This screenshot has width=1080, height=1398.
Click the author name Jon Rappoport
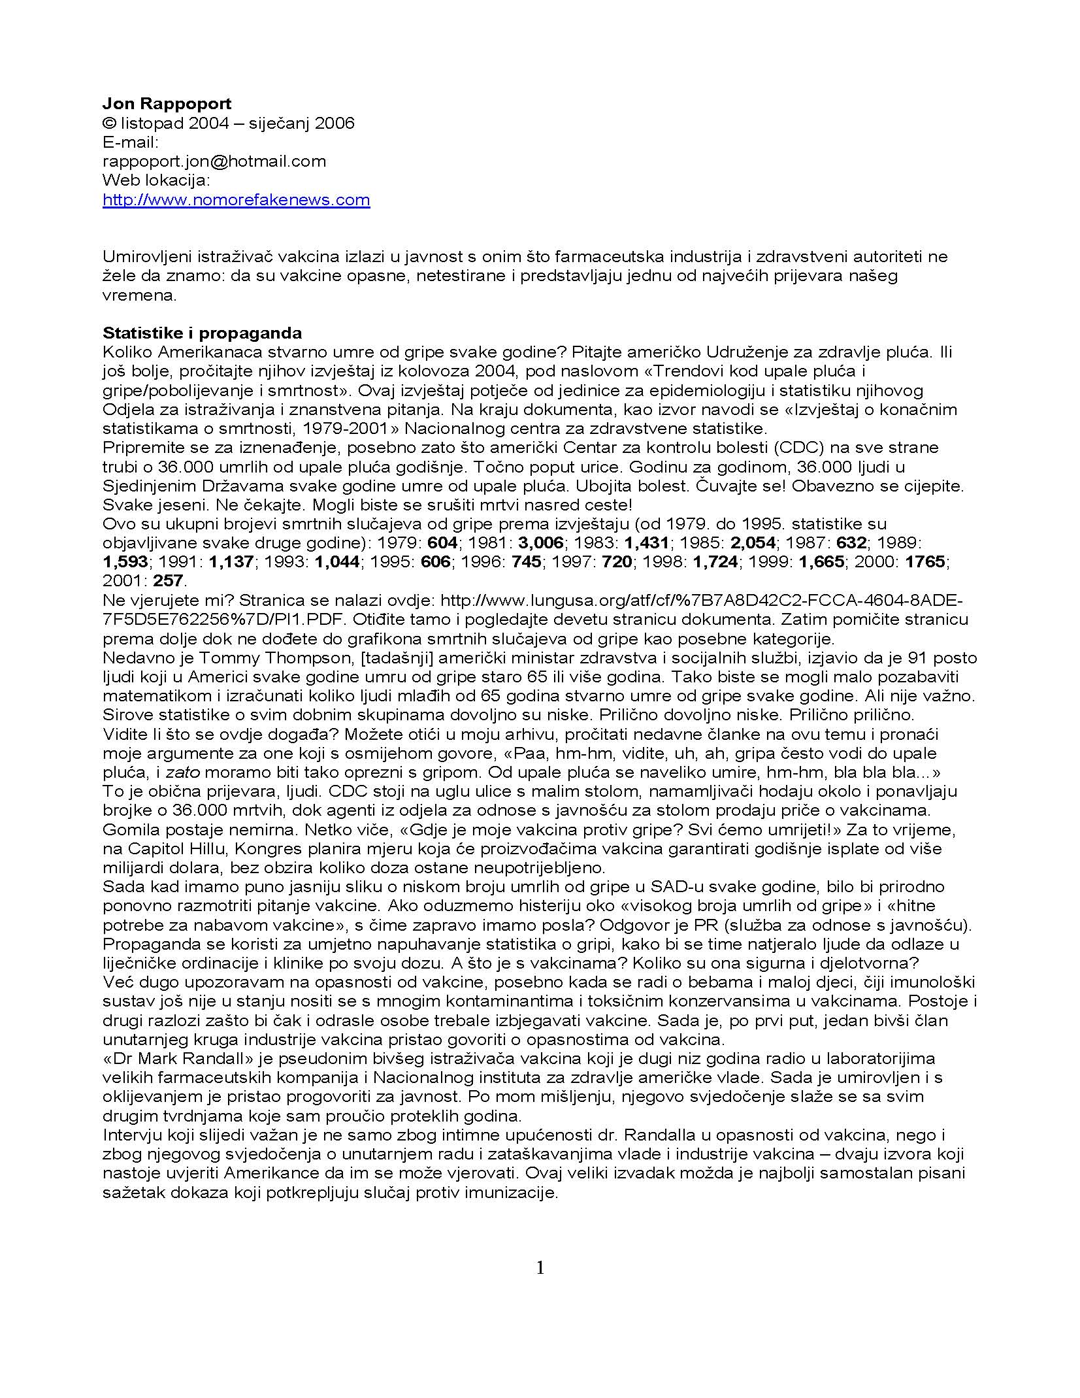click(x=167, y=103)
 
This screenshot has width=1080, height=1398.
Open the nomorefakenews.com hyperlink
click(x=236, y=199)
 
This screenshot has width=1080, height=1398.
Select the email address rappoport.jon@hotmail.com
click(x=214, y=161)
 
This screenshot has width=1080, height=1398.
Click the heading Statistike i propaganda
click(x=202, y=333)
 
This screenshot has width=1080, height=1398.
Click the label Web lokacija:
click(x=157, y=180)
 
